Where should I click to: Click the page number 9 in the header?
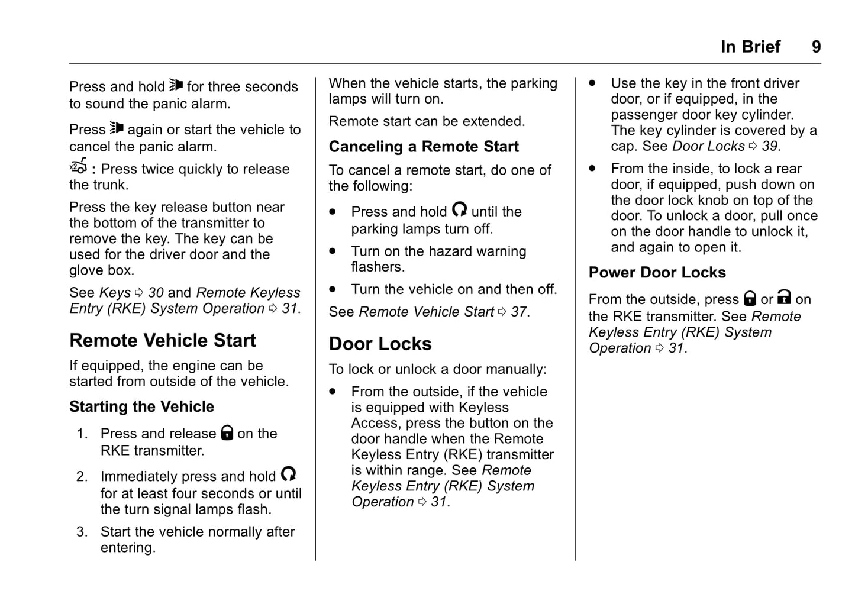816,47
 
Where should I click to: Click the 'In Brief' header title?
750,47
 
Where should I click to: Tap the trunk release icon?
79,166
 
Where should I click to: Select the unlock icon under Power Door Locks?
785,297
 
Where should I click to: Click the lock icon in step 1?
227,432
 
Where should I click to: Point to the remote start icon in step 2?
288,474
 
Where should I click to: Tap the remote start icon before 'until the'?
459,209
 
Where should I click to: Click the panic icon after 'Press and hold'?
176,85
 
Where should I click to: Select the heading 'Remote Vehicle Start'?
163,340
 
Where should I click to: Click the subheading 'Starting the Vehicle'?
141,406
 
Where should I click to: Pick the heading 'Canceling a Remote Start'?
424,146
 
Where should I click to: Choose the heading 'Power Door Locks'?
657,272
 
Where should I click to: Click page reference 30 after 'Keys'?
156,292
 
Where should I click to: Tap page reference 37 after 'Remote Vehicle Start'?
519,311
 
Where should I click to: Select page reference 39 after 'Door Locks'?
770,146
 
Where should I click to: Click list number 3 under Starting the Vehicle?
82,531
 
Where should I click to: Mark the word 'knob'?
714,200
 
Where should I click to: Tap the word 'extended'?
497,121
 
